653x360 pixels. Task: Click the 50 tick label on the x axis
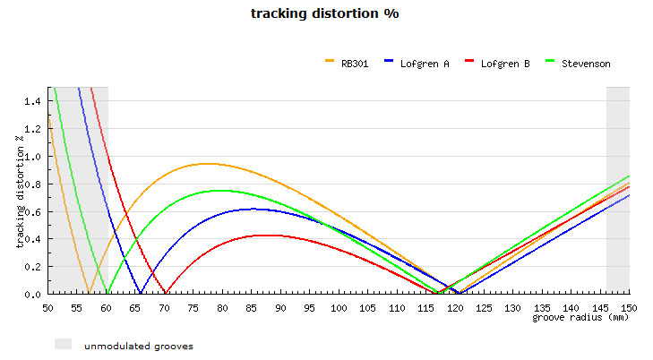pyautogui.click(x=47, y=307)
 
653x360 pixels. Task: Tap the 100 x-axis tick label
pyautogui.click(x=339, y=307)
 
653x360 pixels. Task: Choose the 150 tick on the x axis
pyautogui.click(x=630, y=307)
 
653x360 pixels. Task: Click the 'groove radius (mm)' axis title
pyautogui.click(x=581, y=317)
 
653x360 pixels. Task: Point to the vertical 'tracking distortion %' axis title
pyautogui.click(x=20, y=190)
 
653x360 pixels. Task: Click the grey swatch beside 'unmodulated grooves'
pyautogui.click(x=63, y=344)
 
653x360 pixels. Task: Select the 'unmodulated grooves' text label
pyautogui.click(x=138, y=346)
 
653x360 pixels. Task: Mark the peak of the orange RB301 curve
pyautogui.click(x=208, y=163)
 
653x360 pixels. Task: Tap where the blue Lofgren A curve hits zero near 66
pyautogui.click(x=141, y=293)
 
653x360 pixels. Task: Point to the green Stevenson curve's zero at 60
pyautogui.click(x=107, y=293)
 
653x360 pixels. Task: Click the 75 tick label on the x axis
pyautogui.click(x=193, y=307)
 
